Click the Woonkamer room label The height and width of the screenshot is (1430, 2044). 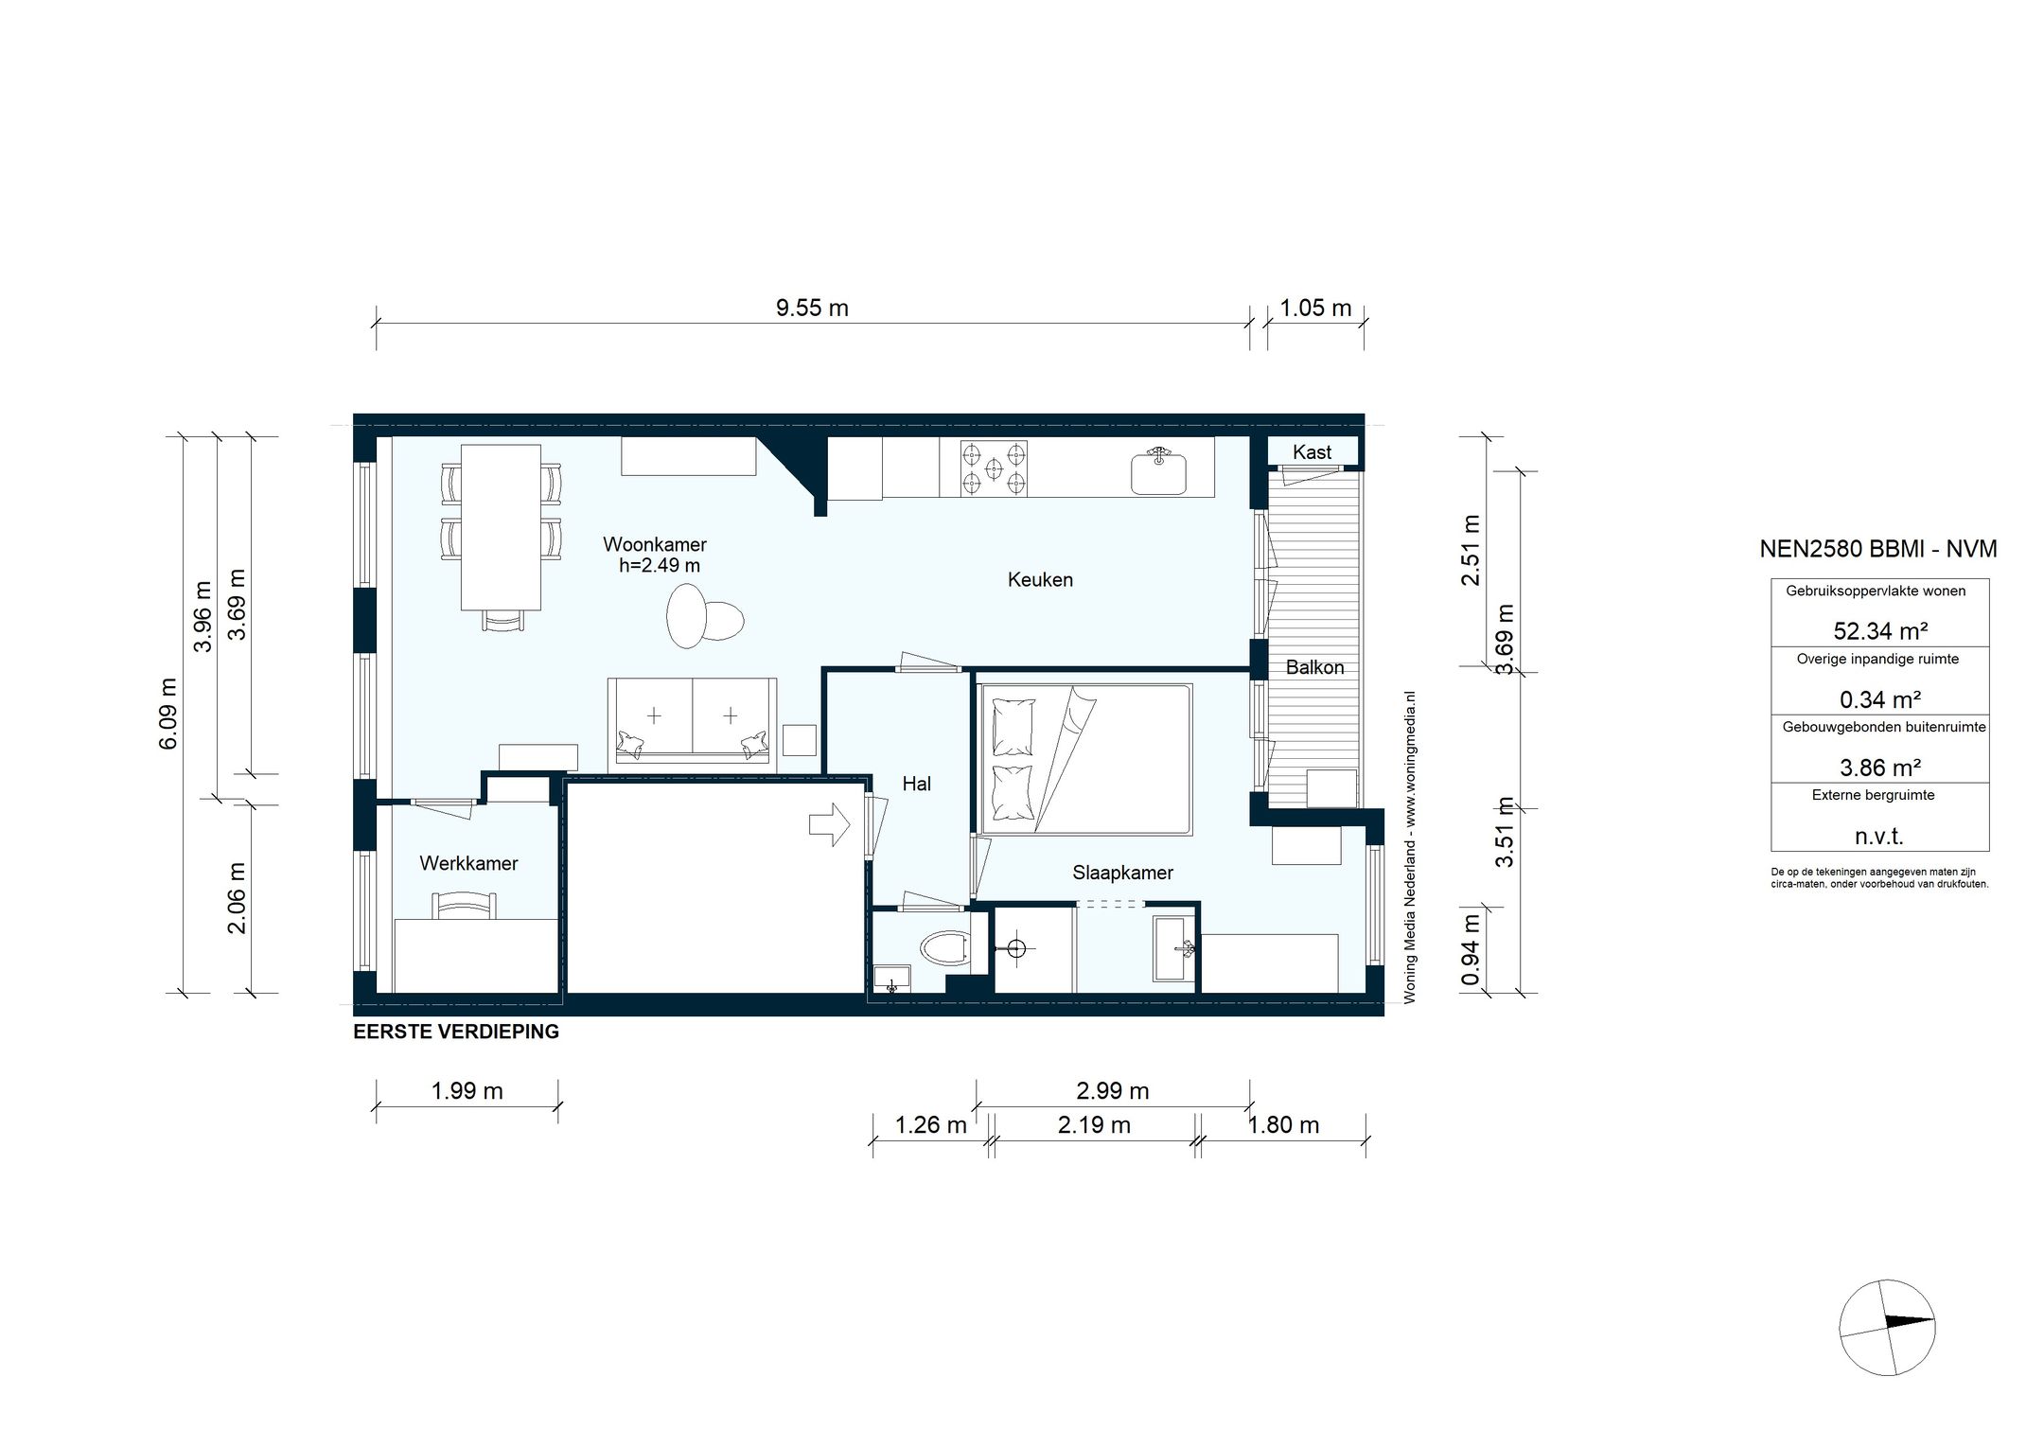point(655,545)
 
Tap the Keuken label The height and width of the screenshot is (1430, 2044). point(1040,580)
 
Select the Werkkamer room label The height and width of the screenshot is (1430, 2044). point(469,863)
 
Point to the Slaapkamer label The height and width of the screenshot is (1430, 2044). point(1122,873)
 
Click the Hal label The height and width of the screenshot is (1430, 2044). point(917,784)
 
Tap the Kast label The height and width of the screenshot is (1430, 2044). point(1312,452)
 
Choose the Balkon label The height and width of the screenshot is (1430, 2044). point(1314,667)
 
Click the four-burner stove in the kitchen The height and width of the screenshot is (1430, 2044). point(994,468)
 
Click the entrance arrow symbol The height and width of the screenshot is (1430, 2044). point(830,823)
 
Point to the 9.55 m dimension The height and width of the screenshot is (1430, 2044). point(812,308)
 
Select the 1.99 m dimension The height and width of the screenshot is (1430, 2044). point(467,1091)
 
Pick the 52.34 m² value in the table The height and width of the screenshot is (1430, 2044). point(1879,631)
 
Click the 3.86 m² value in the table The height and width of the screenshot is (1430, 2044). point(1879,768)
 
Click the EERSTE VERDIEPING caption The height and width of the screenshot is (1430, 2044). point(456,1032)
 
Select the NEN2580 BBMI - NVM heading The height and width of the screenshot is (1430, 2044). point(1878,549)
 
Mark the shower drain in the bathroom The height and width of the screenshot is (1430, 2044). point(1017,947)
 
